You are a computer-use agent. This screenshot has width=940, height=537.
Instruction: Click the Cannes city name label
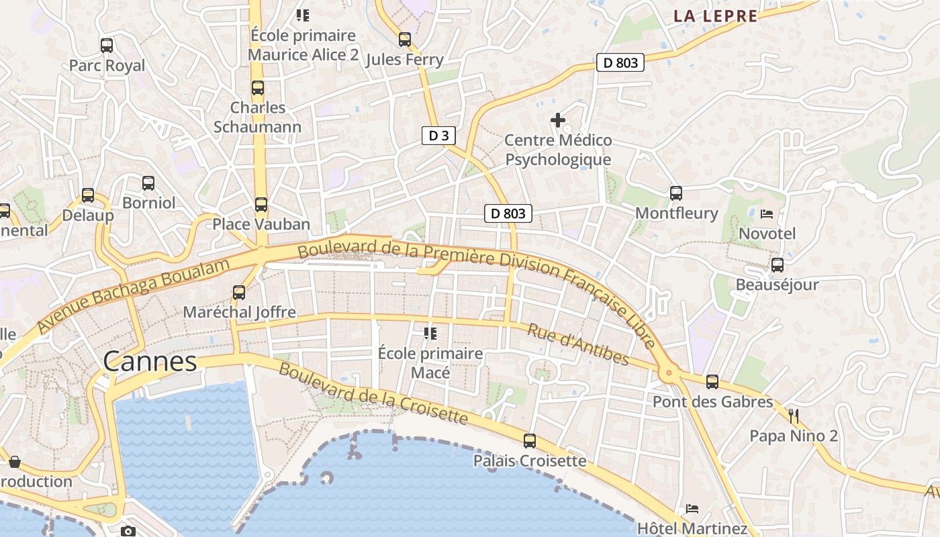tap(150, 362)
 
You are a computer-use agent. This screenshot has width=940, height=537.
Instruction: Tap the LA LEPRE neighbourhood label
tap(715, 16)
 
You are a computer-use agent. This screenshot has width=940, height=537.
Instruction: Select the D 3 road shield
tap(438, 136)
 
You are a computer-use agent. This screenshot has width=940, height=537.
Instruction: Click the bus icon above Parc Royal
tap(107, 46)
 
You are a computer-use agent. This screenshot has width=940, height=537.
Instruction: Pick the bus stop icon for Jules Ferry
tap(404, 40)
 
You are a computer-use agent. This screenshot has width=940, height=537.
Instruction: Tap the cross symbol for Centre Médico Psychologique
tap(557, 120)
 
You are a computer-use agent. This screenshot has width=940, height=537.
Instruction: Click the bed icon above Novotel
tap(767, 214)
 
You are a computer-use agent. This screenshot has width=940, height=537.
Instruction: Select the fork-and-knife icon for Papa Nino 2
tap(794, 416)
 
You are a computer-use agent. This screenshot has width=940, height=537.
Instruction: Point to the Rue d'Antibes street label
tap(578, 344)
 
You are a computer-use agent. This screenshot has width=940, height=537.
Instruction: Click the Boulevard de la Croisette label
tap(373, 393)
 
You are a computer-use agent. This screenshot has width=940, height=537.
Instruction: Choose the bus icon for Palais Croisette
tap(530, 441)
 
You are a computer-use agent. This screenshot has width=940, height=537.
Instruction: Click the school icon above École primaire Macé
tap(430, 333)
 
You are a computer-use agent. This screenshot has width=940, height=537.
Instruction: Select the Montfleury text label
tap(676, 213)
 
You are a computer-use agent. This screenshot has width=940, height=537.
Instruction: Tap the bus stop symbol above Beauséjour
tap(777, 265)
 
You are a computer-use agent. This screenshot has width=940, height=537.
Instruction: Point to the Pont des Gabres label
tap(713, 402)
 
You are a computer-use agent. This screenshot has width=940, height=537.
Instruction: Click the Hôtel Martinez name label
tap(692, 528)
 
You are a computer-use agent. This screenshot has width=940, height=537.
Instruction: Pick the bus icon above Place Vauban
tap(261, 205)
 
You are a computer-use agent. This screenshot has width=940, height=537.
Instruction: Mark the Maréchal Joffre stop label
tap(239, 312)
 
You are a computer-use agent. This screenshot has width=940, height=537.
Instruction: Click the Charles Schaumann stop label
tap(258, 117)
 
